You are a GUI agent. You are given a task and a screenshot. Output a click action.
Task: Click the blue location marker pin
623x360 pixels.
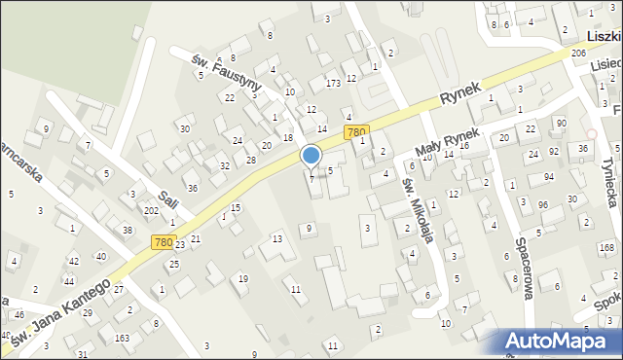click(x=311, y=156)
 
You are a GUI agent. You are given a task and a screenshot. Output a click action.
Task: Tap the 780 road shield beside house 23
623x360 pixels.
click(x=163, y=241)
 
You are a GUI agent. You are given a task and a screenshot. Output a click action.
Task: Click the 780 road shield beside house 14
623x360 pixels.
click(x=356, y=131)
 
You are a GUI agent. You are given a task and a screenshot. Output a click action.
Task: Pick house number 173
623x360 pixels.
click(x=333, y=85)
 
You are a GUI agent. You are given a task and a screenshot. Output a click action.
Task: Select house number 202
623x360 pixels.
click(x=151, y=210)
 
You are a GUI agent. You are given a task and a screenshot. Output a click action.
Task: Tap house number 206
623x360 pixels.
click(x=578, y=53)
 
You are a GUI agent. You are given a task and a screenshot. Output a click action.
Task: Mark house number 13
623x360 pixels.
click(x=276, y=238)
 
